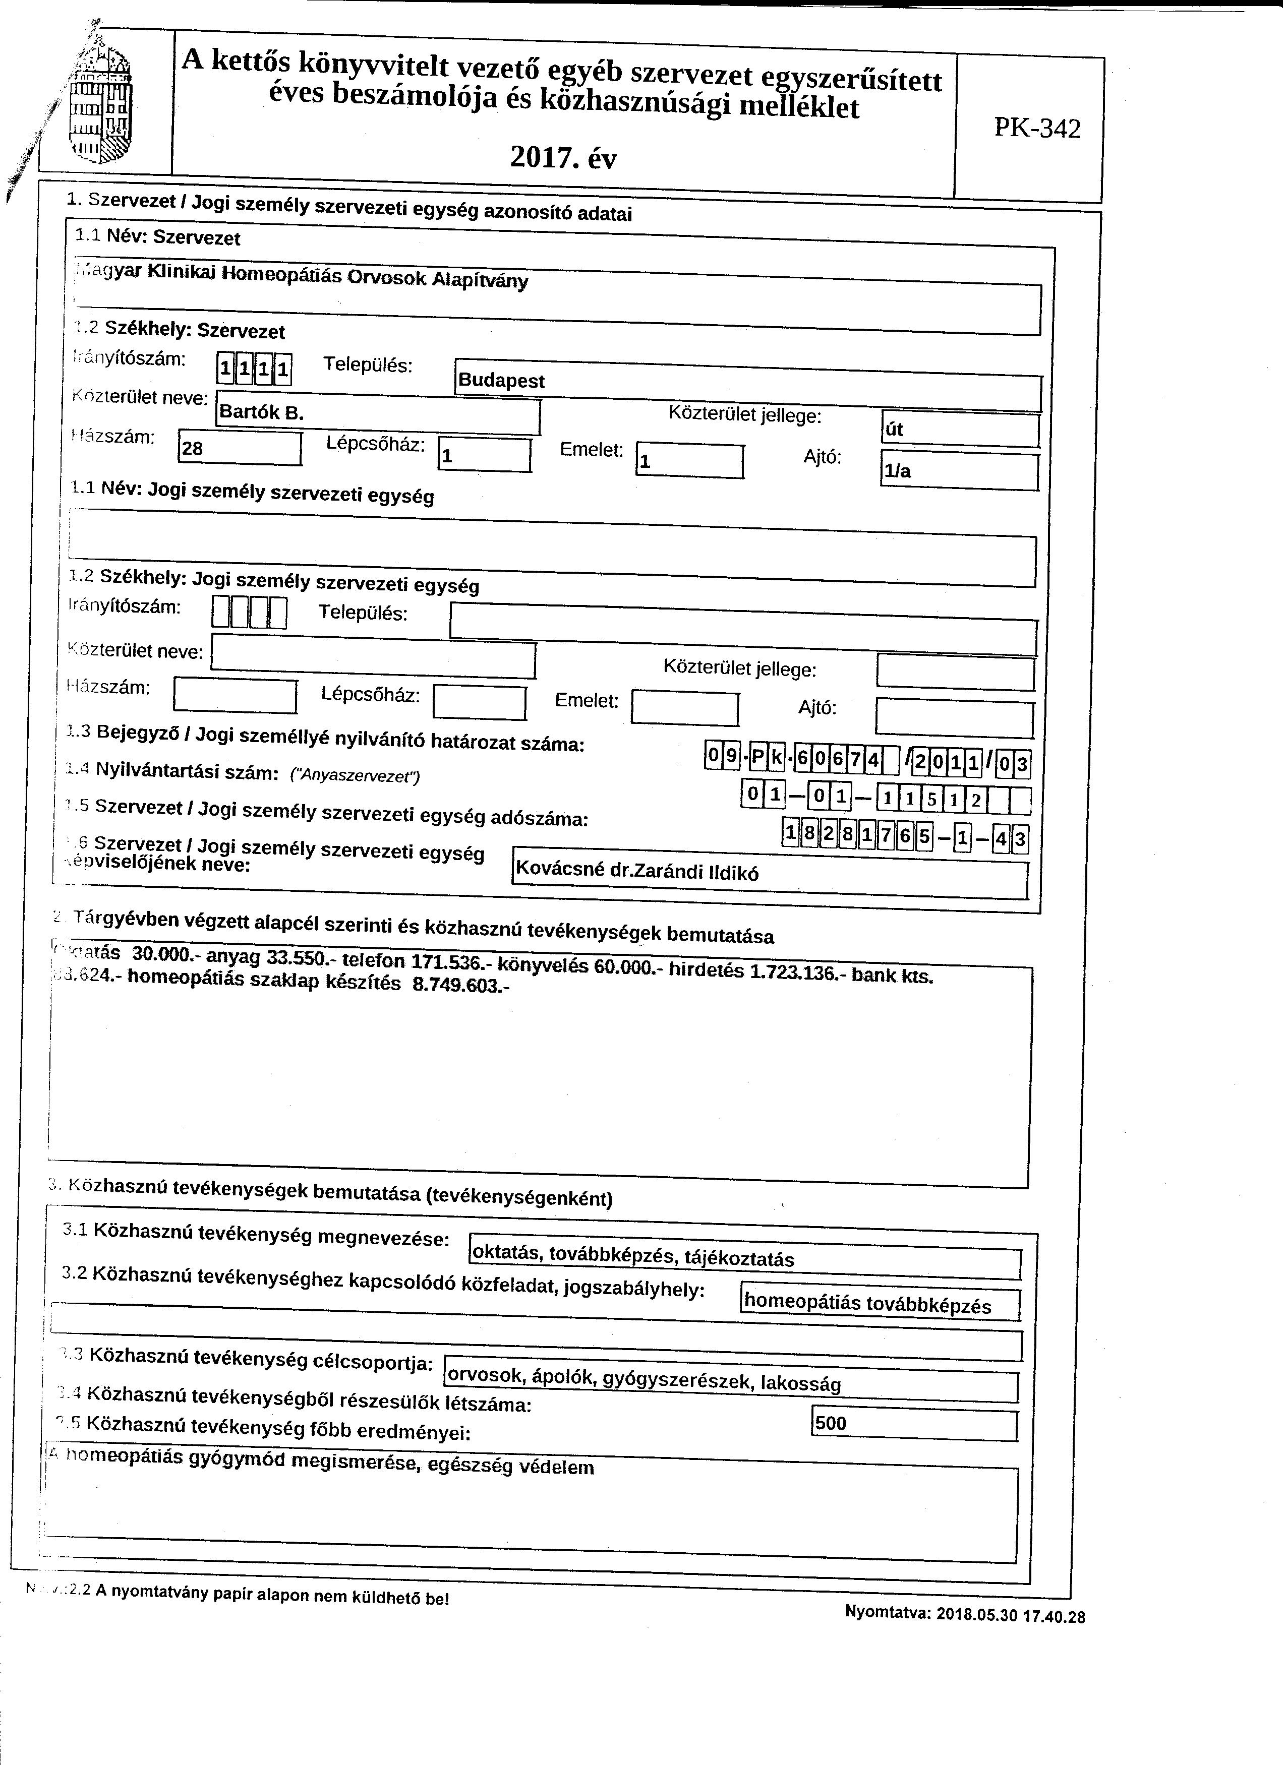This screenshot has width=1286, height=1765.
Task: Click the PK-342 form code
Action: click(1038, 128)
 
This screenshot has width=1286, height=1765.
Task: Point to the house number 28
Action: click(239, 448)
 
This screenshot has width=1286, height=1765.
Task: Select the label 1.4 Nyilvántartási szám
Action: click(186, 771)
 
